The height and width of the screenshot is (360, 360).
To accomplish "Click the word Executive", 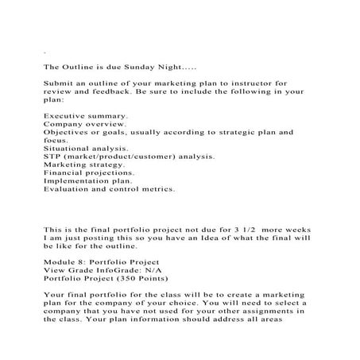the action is point(66,116).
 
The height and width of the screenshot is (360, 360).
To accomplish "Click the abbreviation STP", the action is point(53,157).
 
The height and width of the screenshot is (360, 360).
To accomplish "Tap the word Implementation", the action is point(78,181).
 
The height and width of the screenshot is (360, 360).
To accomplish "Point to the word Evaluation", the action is point(69,189).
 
